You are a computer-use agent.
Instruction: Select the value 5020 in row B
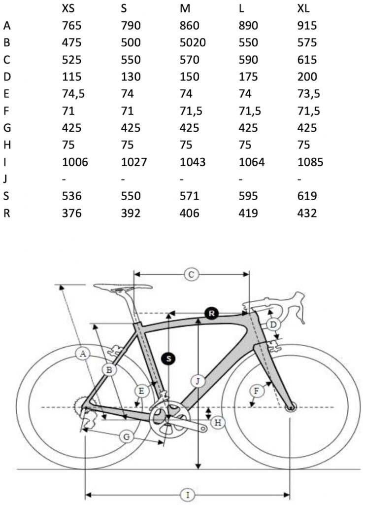pyautogui.click(x=193, y=42)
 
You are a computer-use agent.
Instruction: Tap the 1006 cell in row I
pyautogui.click(x=75, y=162)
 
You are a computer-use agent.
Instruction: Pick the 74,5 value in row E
pyautogui.click(x=74, y=94)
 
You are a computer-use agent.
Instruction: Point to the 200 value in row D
pyautogui.click(x=303, y=76)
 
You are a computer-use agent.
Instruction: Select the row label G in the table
pyautogui.click(x=7, y=128)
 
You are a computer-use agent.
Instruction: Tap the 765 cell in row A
pyautogui.click(x=72, y=26)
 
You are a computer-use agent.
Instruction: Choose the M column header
pyautogui.click(x=185, y=8)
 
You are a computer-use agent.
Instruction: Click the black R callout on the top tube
pyautogui.click(x=211, y=313)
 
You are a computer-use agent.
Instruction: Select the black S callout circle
pyautogui.click(x=169, y=359)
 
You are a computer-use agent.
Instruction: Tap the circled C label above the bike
pyautogui.click(x=191, y=275)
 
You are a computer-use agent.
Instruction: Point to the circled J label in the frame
pyautogui.click(x=198, y=381)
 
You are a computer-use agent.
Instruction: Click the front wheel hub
pyautogui.click(x=291, y=407)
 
